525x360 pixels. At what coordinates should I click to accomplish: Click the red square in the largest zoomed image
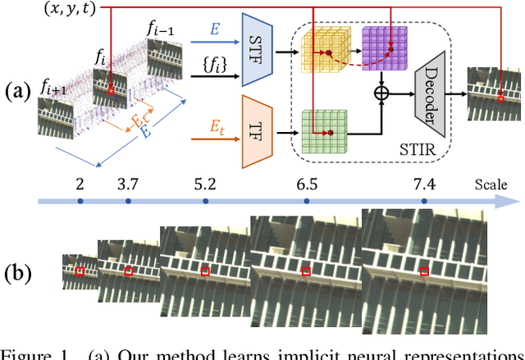click(424, 271)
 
